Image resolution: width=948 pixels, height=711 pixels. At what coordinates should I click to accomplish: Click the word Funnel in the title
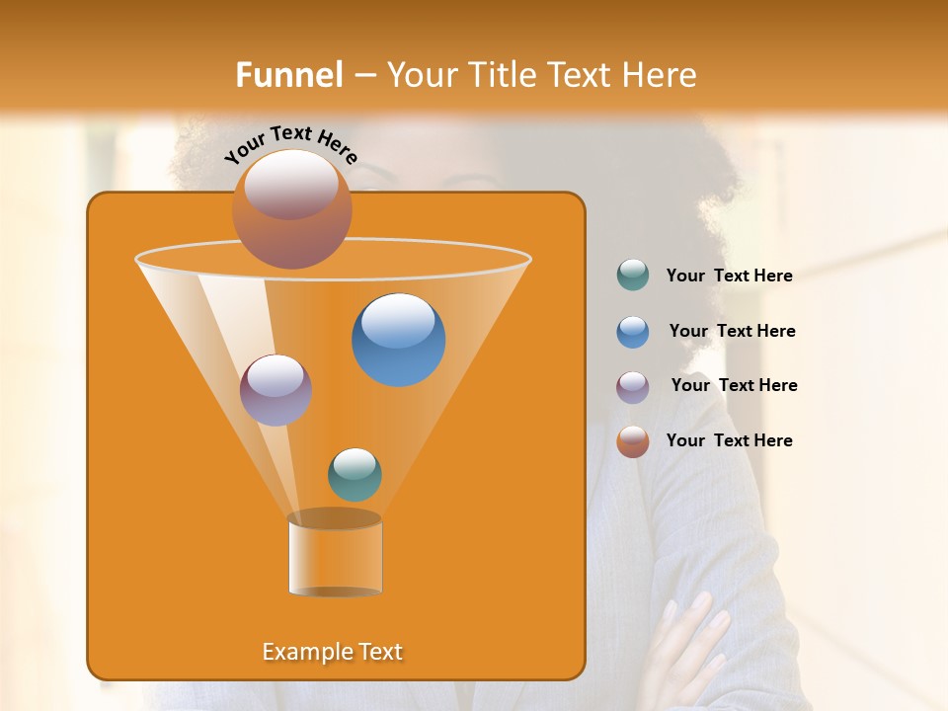coord(288,75)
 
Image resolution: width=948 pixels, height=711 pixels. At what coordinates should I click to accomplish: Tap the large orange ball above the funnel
coord(291,208)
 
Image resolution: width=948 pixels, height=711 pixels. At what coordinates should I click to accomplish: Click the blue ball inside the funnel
coord(398,340)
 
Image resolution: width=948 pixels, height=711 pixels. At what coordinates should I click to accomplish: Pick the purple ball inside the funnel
coord(276,389)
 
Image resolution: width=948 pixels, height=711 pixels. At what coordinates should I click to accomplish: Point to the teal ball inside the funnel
coord(355,474)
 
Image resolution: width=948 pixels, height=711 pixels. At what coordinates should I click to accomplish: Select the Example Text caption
coord(333,652)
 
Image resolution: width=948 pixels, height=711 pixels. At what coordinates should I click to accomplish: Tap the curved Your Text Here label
coord(290,143)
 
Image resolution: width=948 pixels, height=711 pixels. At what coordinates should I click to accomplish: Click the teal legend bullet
coord(633,276)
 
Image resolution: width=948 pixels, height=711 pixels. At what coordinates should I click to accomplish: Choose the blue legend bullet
coord(633,332)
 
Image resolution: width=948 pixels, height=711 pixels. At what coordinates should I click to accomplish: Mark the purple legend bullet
coord(633,387)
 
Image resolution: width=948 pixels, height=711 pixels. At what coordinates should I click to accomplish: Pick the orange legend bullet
coord(633,441)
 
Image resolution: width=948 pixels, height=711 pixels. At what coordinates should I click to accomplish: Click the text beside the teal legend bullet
coord(729,276)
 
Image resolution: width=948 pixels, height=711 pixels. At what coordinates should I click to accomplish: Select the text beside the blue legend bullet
coord(732,332)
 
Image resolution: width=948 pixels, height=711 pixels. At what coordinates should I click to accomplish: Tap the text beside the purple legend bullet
coord(734,386)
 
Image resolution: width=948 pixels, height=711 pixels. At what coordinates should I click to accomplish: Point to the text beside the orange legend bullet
coord(729,440)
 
